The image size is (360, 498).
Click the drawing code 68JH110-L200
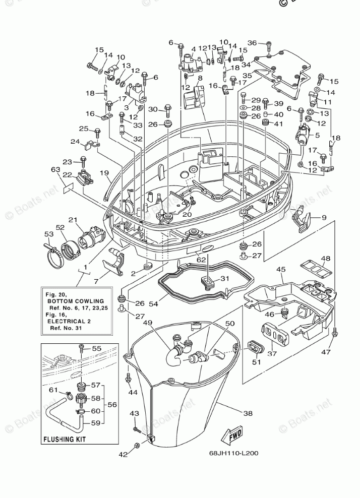click(233, 453)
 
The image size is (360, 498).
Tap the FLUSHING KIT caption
click(65, 440)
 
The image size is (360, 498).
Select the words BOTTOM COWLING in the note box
click(76, 301)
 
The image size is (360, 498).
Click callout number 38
click(248, 413)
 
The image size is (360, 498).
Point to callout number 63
click(55, 170)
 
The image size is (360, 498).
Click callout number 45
click(281, 270)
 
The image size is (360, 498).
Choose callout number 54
click(153, 303)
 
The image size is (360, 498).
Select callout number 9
click(324, 218)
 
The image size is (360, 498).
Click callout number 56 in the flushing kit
click(112, 405)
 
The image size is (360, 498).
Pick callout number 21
click(73, 220)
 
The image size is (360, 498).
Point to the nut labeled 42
click(136, 445)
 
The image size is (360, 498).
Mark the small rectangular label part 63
click(68, 189)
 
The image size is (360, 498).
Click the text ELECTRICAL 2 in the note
click(69, 321)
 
